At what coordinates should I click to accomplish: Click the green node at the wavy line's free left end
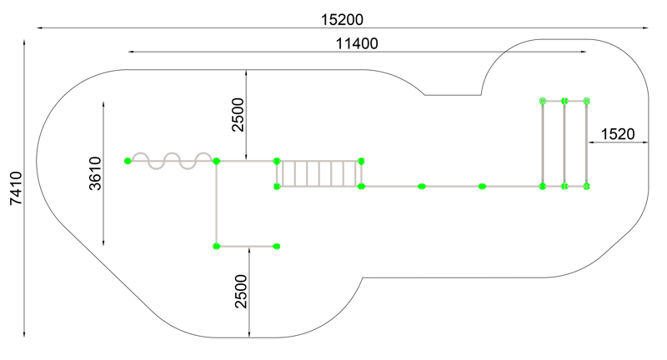128,161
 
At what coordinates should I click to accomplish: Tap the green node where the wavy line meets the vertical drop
216,161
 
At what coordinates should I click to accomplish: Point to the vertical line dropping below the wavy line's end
216,204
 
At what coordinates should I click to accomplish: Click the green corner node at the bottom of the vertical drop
216,246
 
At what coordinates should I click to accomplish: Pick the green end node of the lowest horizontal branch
277,246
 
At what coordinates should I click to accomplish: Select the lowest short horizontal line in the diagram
247,246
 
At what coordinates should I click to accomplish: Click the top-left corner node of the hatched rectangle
277,161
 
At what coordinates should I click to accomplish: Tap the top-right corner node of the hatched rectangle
361,161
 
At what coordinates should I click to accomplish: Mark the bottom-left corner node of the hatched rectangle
277,186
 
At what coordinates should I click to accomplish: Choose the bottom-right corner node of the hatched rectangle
361,186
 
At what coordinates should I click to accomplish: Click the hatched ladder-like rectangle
319,173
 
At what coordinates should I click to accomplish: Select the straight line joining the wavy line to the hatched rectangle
247,161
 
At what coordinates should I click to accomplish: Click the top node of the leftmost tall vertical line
543,101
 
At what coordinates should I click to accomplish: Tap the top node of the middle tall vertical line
564,101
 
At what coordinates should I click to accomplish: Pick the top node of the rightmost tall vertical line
586,101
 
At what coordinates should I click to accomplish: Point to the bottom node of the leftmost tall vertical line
543,186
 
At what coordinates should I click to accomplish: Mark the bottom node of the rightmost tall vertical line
586,186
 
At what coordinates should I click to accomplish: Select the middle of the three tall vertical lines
564,143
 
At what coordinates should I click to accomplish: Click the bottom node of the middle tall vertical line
564,186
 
